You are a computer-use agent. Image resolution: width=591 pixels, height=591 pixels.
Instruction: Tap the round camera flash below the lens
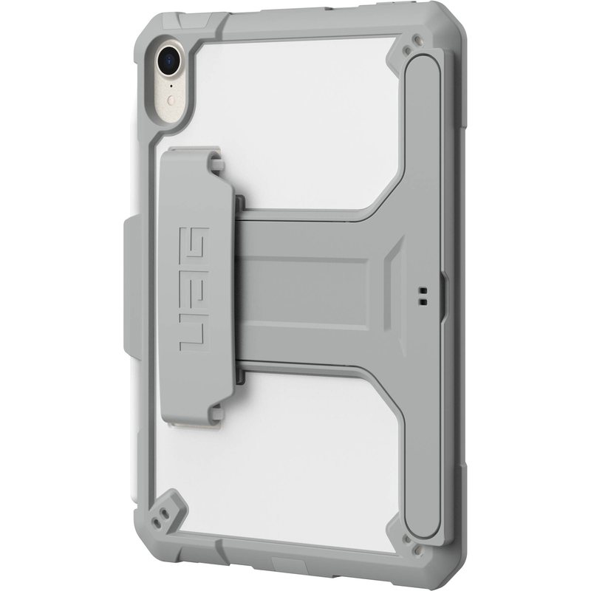tap(171, 83)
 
